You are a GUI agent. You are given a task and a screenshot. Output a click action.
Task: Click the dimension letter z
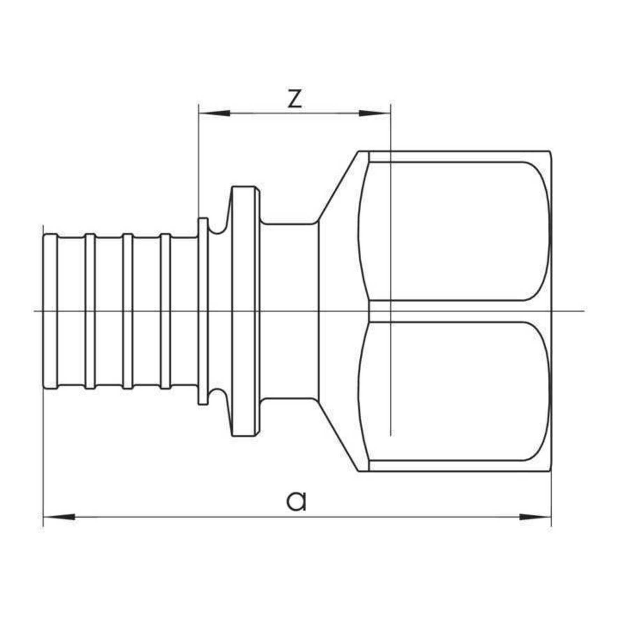pyautogui.click(x=294, y=99)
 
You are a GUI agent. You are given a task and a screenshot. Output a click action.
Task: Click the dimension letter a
pyautogui.click(x=296, y=501)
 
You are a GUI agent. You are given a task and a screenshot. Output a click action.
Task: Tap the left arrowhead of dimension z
pyautogui.click(x=214, y=113)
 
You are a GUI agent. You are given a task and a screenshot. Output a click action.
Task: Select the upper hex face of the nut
pyautogui.click(x=451, y=231)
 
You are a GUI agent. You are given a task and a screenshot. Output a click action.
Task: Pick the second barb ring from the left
pyautogui.click(x=90, y=311)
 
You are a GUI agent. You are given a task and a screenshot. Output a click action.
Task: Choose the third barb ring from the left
pyautogui.click(x=128, y=311)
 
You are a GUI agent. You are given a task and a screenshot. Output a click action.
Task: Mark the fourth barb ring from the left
pyautogui.click(x=165, y=311)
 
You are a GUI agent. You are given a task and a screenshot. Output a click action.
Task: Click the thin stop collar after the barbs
pyautogui.click(x=203, y=311)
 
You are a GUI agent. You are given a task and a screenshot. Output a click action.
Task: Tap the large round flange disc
pyautogui.click(x=246, y=311)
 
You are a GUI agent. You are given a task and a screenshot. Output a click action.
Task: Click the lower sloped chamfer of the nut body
pyautogui.click(x=337, y=435)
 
